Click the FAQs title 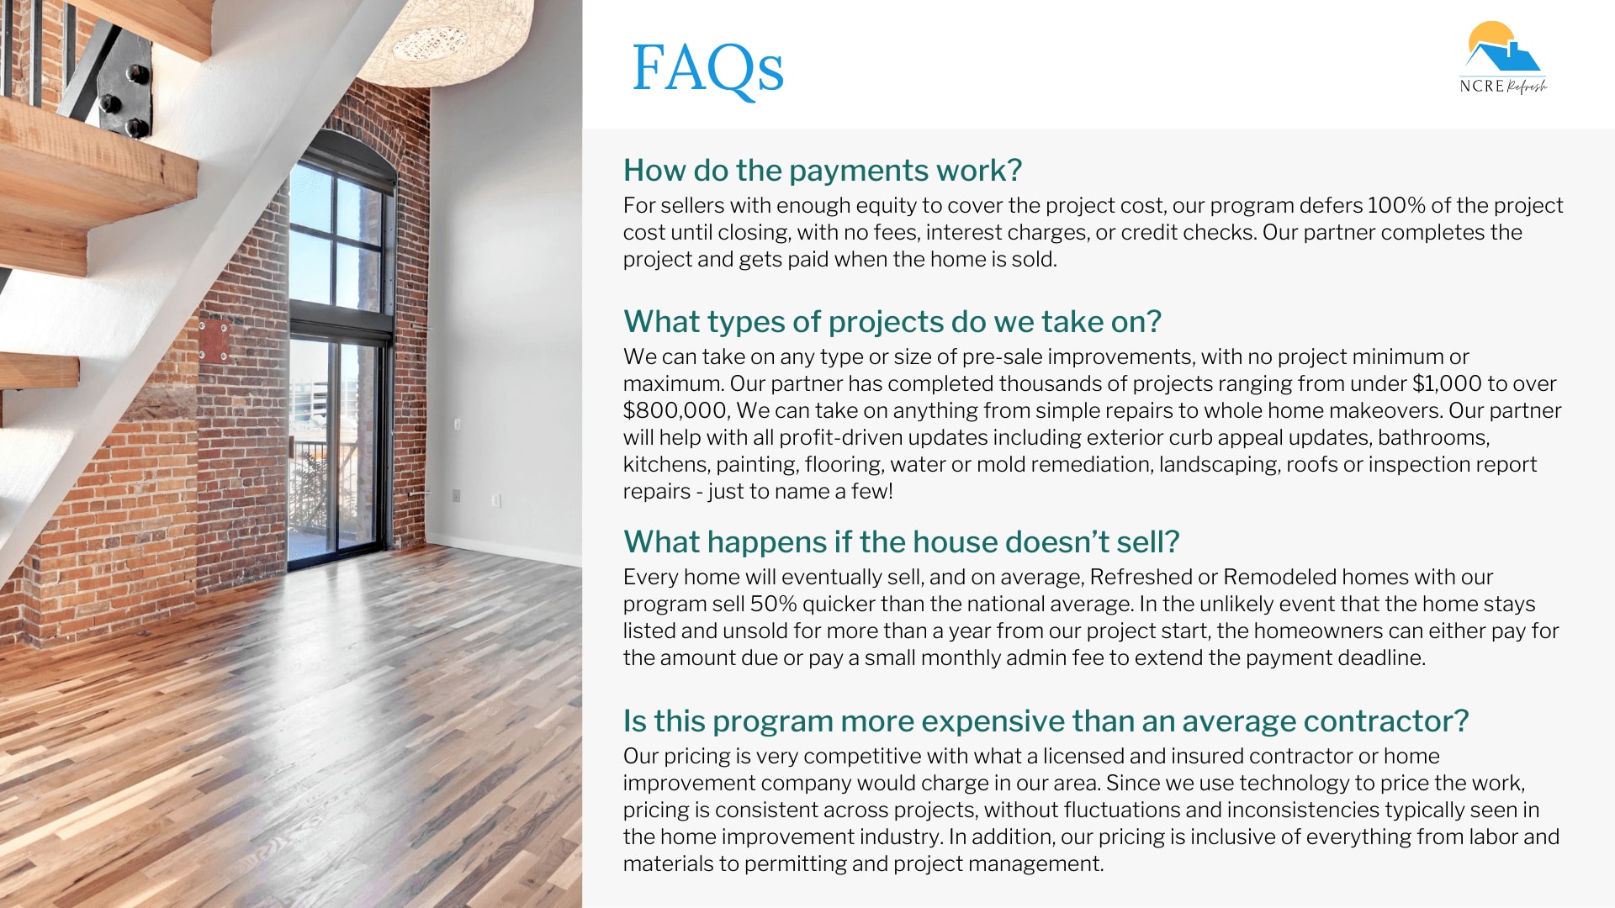tap(707, 69)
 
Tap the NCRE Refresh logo tap(1503, 57)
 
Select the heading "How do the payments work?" tap(822, 171)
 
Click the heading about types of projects tap(892, 322)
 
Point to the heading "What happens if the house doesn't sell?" tap(901, 542)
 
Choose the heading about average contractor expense tap(1046, 721)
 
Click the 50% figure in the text tap(773, 604)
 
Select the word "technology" tap(1294, 784)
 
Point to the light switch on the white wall tap(458, 424)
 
